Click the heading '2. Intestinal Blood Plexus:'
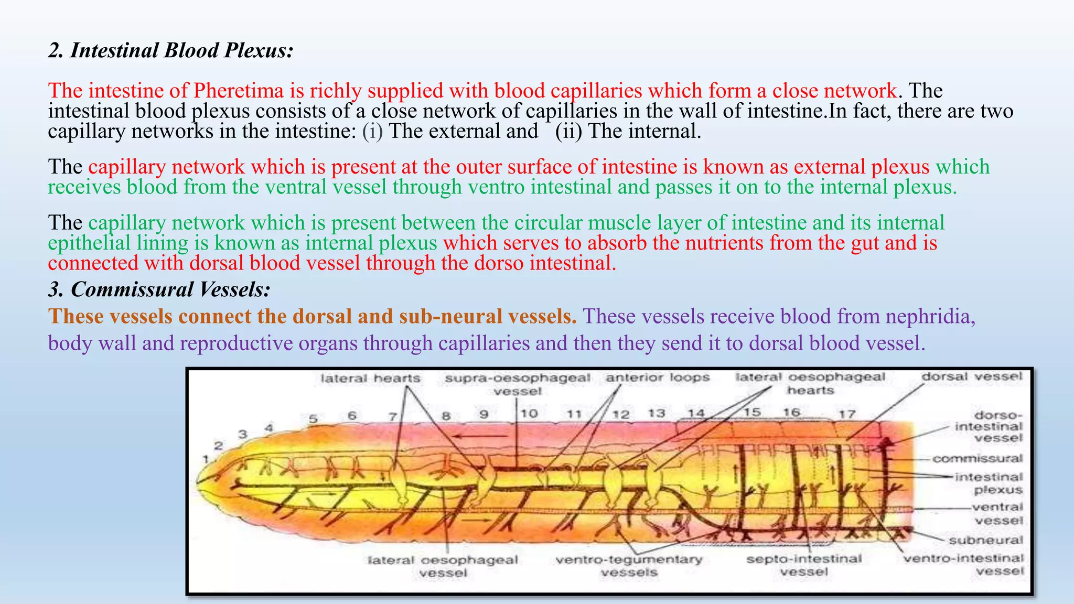pos(170,50)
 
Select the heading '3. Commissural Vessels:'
pos(159,289)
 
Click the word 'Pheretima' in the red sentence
pos(238,91)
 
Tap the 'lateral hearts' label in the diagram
pos(370,378)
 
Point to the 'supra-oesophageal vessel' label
pos(517,384)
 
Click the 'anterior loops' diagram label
pos(658,377)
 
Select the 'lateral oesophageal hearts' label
pos(810,383)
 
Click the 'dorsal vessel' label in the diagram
pos(972,376)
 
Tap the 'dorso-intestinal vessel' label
pos(989,426)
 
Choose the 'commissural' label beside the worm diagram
pos(978,459)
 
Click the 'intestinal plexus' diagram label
pos(989,483)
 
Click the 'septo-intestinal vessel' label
pos(804,565)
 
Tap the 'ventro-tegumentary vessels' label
pos(629,565)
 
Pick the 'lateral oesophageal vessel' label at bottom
pos(443,566)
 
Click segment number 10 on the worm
pos(529,413)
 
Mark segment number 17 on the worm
pos(847,414)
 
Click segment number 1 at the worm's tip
pos(206,459)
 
